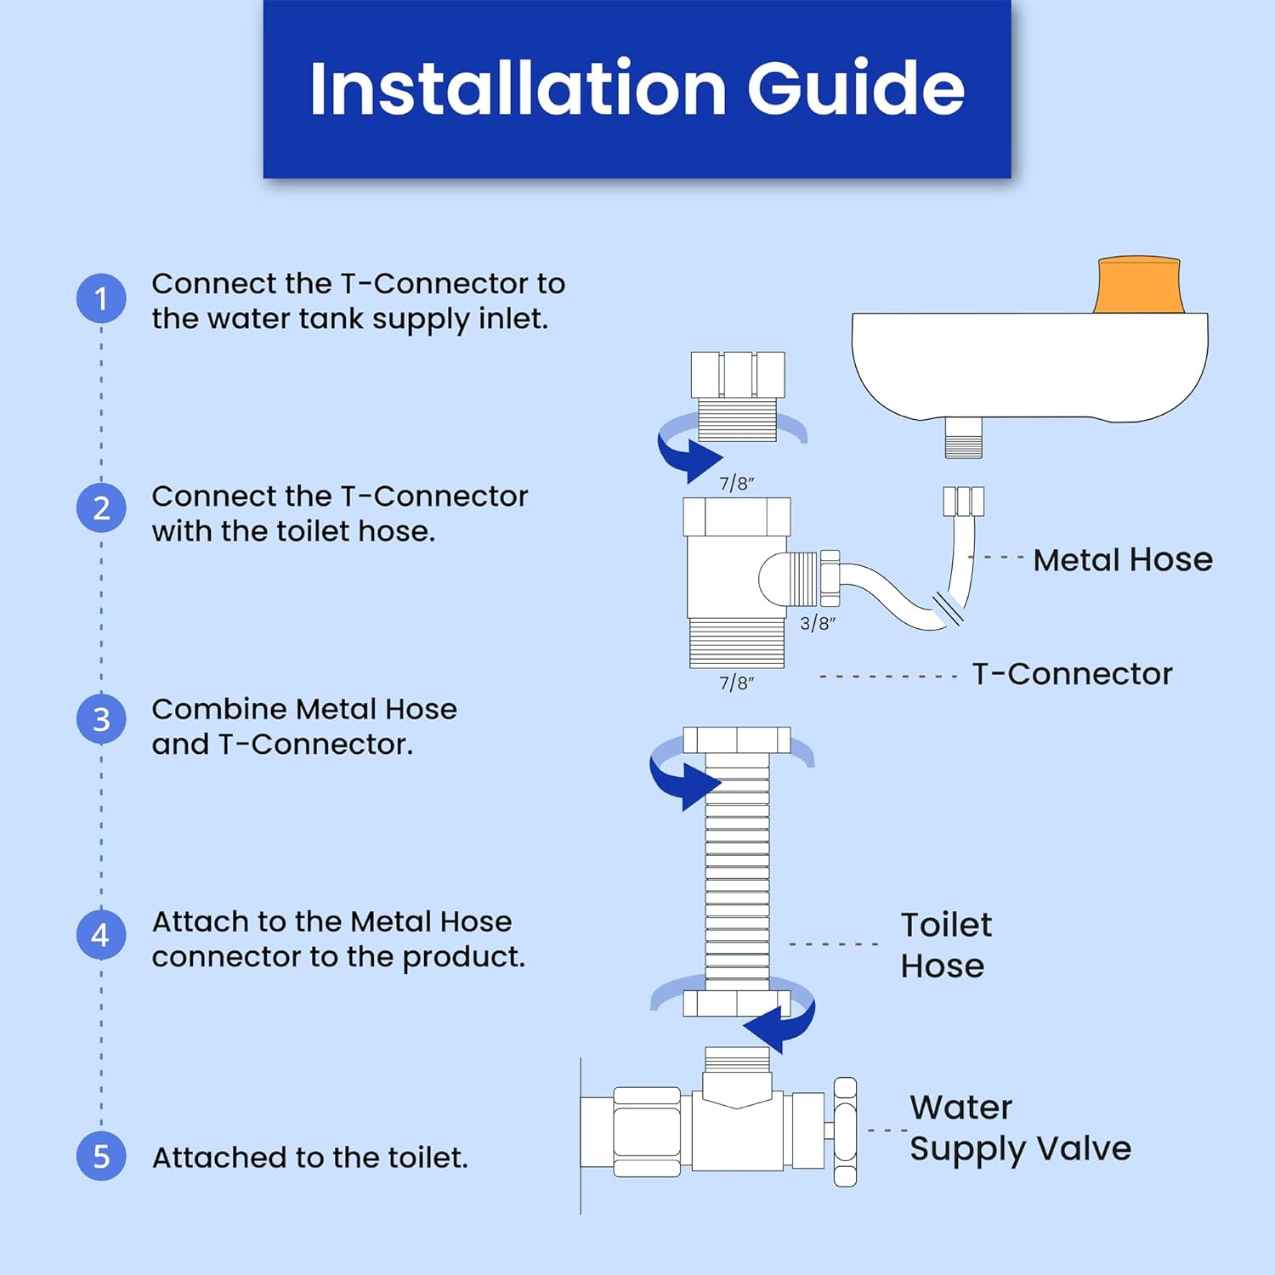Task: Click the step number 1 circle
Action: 101,298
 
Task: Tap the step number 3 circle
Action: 101,719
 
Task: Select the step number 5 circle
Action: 101,1156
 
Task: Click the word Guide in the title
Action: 855,88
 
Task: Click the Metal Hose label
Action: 1122,560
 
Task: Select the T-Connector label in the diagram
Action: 1072,674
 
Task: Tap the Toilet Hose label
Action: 945,945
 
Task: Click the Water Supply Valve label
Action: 1019,1128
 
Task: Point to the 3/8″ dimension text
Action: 818,623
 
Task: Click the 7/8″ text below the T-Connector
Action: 737,683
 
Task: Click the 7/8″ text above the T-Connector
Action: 737,484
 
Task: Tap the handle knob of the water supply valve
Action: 845,1132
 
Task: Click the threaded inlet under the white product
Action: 963,439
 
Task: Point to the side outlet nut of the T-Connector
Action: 829,578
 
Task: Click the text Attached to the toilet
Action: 309,1158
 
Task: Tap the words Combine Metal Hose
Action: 303,709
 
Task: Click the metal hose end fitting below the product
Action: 963,501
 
